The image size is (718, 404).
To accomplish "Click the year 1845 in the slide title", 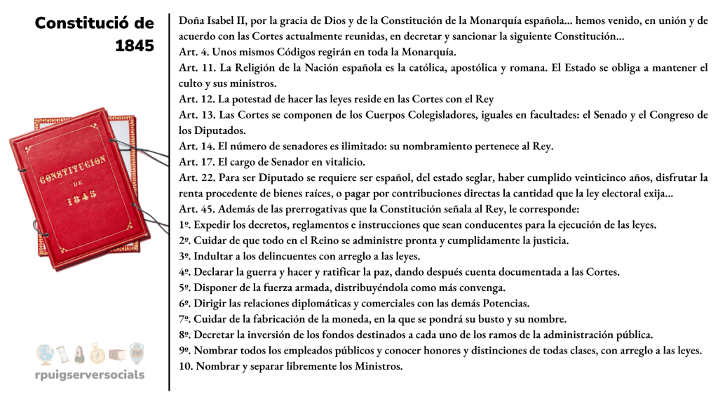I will pos(135,46).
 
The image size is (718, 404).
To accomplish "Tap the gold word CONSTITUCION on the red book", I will pos(72,170).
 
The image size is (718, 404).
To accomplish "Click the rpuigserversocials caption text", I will pos(90,374).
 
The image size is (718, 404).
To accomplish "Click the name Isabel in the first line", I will pos(221,20).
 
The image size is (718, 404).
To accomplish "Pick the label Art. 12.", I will pos(194,100).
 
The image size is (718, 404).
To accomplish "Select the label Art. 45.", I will pos(194,209).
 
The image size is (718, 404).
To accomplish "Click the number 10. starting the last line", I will pos(186,366).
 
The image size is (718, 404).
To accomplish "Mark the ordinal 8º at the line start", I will pos(184,335).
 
